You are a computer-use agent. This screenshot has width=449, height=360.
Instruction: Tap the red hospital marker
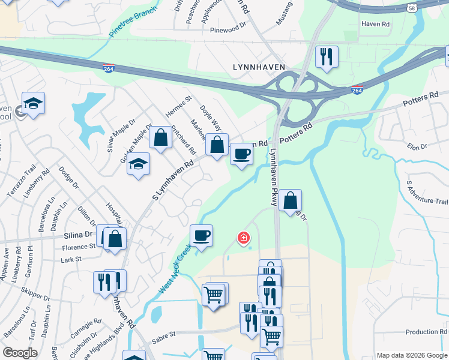(244, 239)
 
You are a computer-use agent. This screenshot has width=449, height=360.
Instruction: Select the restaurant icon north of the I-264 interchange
(327, 57)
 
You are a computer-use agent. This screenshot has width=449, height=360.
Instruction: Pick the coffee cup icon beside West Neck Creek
(201, 236)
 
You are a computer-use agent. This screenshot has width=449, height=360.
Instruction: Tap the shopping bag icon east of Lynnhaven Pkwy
(290, 200)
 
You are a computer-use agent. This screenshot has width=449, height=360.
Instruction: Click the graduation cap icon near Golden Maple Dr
(138, 164)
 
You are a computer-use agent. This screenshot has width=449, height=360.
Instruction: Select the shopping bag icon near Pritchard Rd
(160, 137)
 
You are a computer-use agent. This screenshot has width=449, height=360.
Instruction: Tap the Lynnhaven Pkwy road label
(274, 178)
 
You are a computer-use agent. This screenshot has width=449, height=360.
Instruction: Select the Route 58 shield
(411, 8)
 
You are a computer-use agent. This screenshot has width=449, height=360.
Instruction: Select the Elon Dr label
(416, 146)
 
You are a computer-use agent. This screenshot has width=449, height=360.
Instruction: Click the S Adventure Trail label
(427, 193)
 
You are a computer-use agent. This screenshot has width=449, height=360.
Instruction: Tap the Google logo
(20, 352)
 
